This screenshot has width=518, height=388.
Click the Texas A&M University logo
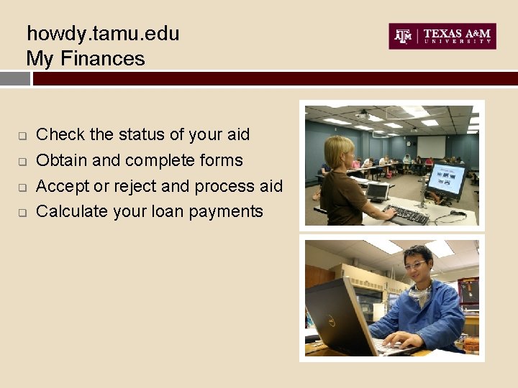point(442,37)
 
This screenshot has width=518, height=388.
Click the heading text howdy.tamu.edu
point(103,34)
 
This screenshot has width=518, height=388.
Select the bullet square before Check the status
point(22,136)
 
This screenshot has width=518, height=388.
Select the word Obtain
point(62,160)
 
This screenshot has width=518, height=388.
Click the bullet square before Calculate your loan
point(22,213)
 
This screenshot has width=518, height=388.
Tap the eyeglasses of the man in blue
point(416,266)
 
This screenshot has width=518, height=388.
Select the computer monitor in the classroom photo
point(446,180)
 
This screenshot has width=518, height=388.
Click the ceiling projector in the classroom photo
point(363,115)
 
